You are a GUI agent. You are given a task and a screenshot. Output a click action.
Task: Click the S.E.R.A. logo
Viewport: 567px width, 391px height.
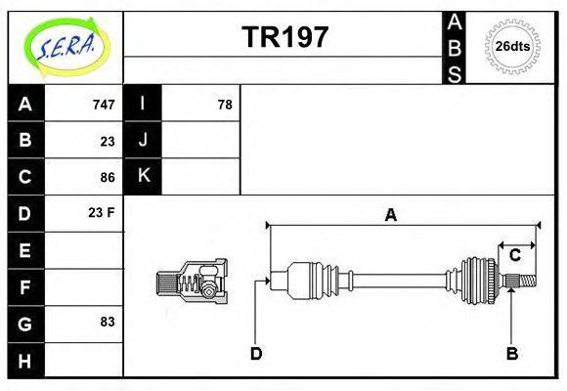65,47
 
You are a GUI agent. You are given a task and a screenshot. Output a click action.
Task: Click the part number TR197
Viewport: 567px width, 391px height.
284,37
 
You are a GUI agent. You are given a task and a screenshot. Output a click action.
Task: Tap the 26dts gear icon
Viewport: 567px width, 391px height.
513,47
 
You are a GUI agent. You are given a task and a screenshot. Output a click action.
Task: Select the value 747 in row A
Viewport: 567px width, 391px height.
103,105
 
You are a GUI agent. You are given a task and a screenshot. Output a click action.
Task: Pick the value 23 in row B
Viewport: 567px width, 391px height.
107,141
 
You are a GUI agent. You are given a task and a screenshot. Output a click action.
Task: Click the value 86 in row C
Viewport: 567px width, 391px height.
107,177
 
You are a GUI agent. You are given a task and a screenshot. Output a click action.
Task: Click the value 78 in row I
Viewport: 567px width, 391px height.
224,105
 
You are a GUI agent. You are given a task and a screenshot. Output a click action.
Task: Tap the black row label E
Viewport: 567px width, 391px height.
25,251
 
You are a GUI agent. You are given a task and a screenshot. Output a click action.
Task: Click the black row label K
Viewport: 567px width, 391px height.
143,177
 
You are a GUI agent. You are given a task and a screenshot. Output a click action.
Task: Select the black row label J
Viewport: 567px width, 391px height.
143,141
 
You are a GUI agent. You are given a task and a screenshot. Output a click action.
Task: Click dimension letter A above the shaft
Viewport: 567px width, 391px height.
390,215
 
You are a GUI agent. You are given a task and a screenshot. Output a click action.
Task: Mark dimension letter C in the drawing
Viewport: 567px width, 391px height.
514,255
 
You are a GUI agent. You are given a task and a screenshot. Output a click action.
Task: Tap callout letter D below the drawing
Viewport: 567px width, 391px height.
256,353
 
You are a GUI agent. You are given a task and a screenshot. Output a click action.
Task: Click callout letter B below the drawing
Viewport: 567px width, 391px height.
510,353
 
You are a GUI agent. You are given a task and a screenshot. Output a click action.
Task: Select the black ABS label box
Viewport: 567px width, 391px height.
455,47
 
